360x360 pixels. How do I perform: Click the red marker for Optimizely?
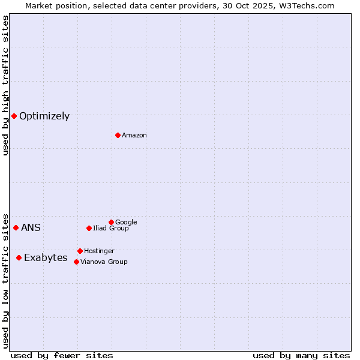point(14,116)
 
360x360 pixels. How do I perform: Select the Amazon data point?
point(118,135)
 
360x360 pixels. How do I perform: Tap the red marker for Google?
point(111,222)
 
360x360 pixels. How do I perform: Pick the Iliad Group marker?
point(89,228)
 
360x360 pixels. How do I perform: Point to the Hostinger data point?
point(80,251)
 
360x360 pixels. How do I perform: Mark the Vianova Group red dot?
point(76,262)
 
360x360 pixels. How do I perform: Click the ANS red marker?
point(16,227)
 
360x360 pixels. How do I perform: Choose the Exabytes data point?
point(19,257)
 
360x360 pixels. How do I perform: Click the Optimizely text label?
point(44,116)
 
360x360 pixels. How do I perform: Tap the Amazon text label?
point(134,136)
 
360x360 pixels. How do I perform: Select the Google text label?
point(126,223)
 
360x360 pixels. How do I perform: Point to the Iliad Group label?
point(111,229)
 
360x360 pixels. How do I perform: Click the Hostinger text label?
point(99,251)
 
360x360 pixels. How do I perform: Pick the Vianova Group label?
point(104,262)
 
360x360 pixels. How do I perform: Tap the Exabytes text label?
point(46,258)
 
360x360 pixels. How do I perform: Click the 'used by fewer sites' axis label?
point(62,356)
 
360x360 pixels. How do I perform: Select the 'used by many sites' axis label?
point(301,356)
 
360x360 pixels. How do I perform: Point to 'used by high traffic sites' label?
point(5,85)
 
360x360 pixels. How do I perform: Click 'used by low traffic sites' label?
point(5,280)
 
